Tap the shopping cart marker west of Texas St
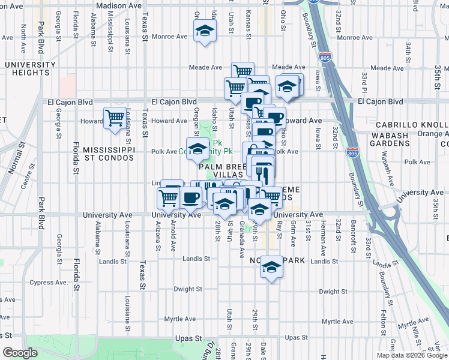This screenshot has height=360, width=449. point(115,118)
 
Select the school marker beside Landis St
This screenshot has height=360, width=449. point(271,267)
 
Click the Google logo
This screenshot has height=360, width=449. point(20,353)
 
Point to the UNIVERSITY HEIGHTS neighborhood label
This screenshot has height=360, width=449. point(28,68)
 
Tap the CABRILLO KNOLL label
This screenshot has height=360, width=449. point(412,125)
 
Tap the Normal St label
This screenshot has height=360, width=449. point(13,161)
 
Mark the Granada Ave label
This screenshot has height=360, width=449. point(241,234)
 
